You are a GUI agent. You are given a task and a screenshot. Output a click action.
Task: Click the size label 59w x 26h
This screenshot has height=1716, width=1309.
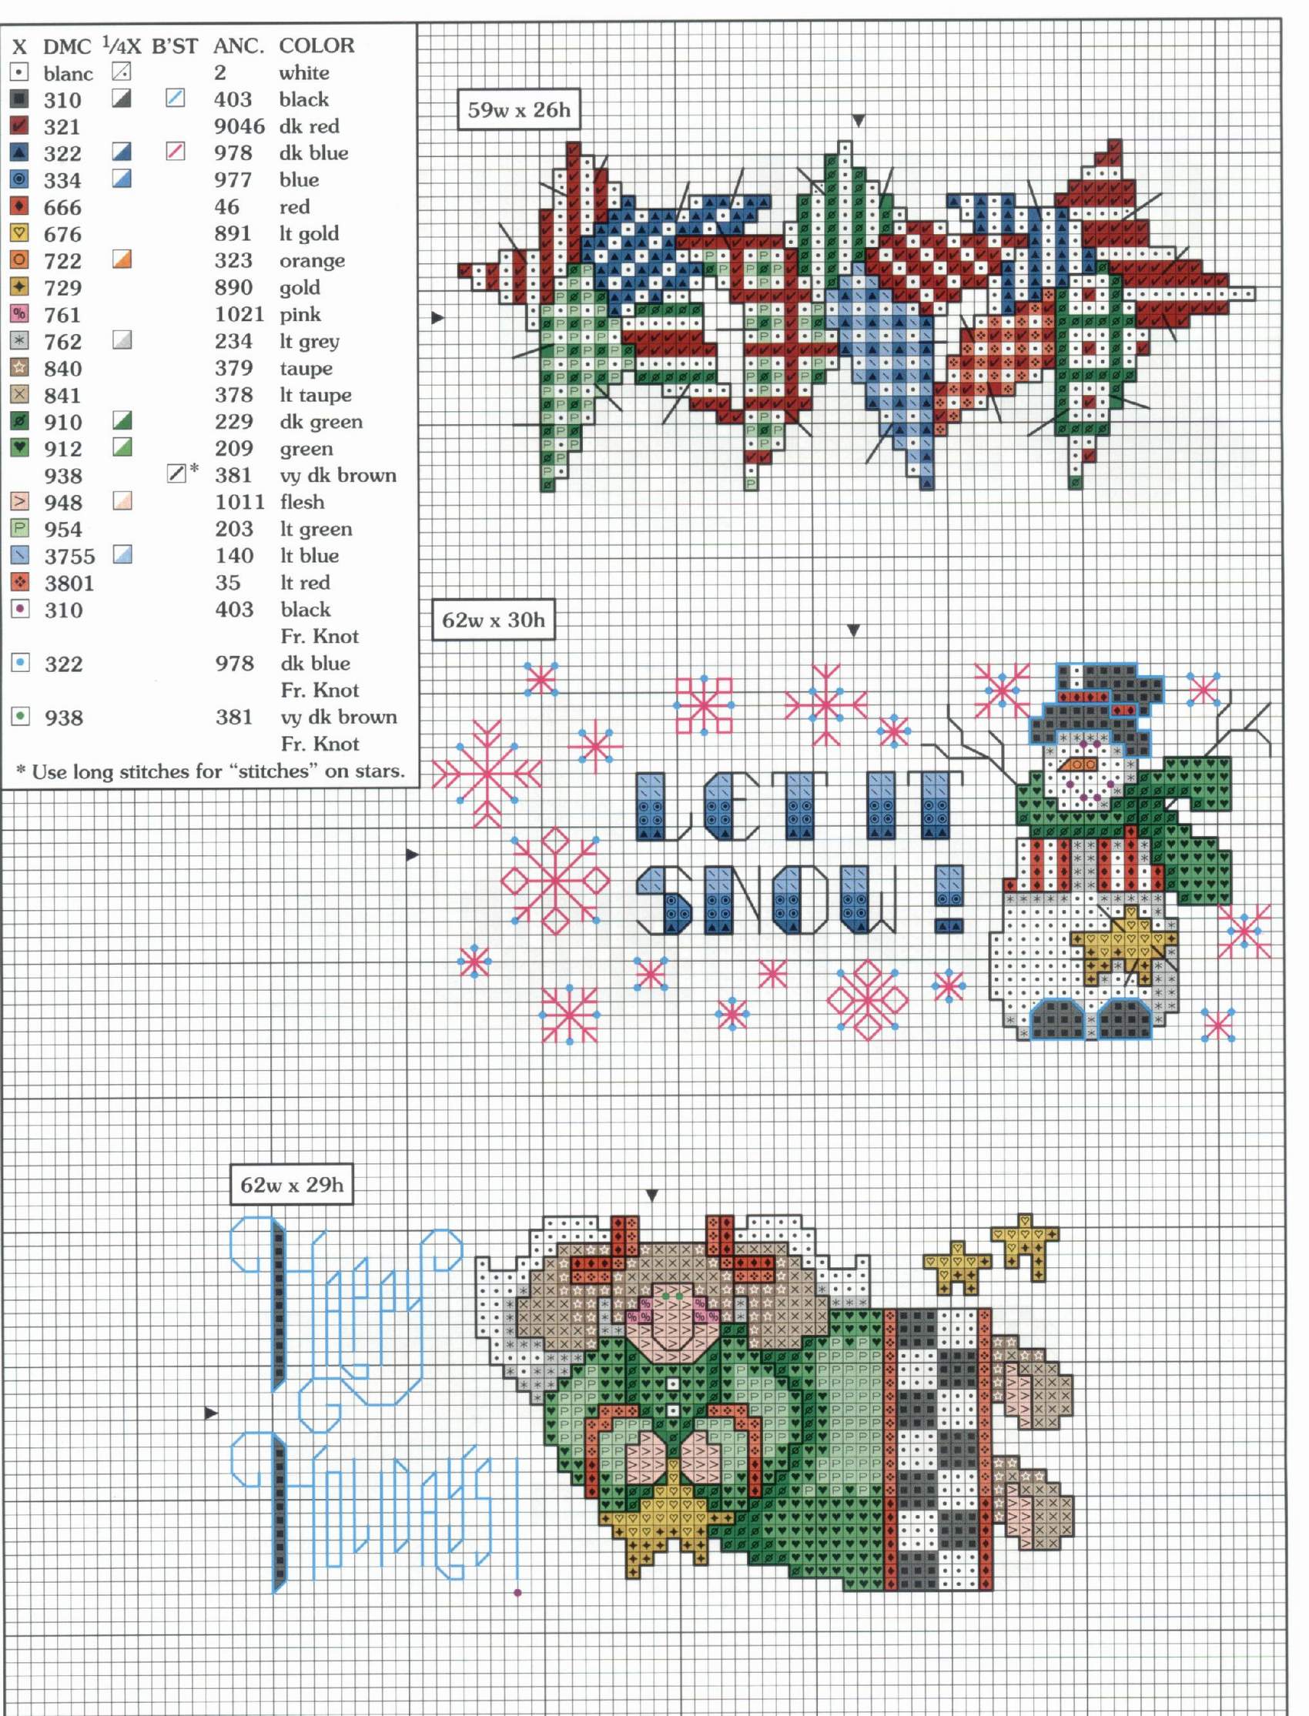click(519, 110)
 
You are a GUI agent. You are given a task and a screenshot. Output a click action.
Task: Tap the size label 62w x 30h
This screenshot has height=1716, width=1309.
click(494, 620)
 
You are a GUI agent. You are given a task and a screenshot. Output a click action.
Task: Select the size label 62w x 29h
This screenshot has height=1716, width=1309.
click(291, 1185)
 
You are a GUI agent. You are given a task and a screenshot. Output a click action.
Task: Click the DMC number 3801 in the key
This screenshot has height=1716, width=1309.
click(69, 583)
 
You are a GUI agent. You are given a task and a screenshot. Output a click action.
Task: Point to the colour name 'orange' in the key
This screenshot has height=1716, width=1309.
click(312, 261)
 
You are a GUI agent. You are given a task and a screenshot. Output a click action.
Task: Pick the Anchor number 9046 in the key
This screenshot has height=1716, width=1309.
click(239, 126)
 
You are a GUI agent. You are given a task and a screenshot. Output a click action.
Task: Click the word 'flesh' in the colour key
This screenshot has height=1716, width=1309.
click(302, 502)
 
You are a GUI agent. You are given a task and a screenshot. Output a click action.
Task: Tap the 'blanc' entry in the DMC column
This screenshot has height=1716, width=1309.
click(69, 73)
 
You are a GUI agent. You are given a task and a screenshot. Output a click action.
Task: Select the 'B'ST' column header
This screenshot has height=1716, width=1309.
click(175, 46)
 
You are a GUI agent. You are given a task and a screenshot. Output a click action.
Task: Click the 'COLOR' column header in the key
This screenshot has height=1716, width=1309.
click(316, 45)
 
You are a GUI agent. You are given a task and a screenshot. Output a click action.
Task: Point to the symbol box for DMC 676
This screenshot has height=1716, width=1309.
click(19, 233)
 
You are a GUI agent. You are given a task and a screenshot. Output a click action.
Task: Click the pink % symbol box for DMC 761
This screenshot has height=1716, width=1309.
click(19, 314)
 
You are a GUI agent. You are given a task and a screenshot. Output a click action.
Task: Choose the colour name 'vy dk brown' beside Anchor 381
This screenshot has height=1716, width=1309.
click(338, 475)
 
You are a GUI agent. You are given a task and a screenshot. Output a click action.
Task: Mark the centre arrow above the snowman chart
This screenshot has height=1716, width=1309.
click(853, 631)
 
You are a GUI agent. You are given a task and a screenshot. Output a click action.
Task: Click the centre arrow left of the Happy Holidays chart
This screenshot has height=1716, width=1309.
click(210, 1412)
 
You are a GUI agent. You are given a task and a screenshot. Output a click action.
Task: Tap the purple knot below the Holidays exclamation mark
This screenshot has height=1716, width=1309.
click(518, 1593)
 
